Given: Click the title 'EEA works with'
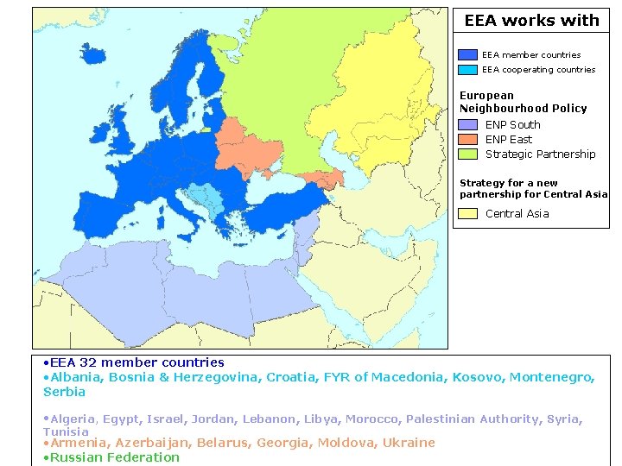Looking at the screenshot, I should point(531,21).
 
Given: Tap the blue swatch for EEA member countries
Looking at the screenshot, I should point(467,54).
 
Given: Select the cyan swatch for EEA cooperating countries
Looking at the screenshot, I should point(467,69).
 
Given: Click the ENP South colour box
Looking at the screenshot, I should point(467,125).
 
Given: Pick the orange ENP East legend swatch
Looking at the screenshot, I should point(467,140).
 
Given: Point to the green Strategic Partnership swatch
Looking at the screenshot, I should point(467,154).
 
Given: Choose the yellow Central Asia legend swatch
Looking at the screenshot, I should point(467,214).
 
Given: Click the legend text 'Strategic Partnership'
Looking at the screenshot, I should point(540,154).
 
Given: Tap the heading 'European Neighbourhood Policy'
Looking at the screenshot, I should point(523,102).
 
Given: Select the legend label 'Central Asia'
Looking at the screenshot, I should point(517,214).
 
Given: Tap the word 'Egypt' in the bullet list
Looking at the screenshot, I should point(122,419).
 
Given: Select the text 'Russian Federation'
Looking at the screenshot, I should point(115,457).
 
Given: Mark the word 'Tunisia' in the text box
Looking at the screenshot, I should point(66,431).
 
